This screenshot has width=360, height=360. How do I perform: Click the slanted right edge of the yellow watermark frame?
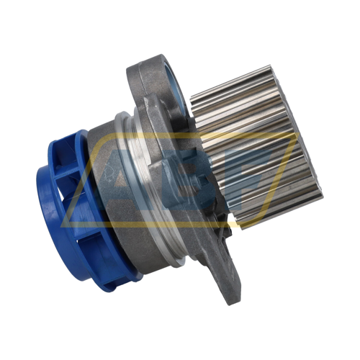tap(277, 184)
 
